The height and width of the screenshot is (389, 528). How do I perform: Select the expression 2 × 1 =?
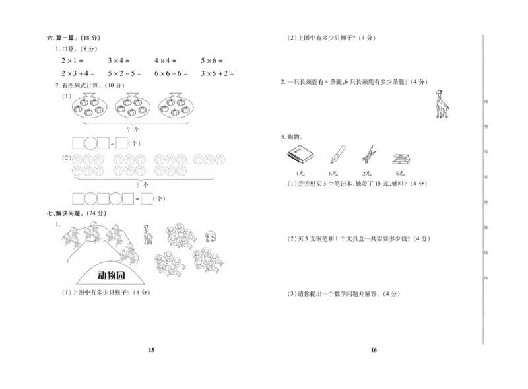point(73,61)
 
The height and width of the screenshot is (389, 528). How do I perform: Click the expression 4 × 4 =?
point(166,61)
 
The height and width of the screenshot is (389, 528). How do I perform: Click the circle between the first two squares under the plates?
point(92,142)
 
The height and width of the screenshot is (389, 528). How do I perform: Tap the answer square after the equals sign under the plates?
point(121,142)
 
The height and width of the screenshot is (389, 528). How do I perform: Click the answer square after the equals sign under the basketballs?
point(146,197)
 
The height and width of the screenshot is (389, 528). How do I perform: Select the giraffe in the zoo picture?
point(147,234)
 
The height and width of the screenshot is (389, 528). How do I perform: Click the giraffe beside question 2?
point(440,104)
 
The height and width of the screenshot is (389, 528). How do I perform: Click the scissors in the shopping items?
point(368,155)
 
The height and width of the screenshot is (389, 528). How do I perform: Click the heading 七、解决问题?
point(76,213)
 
